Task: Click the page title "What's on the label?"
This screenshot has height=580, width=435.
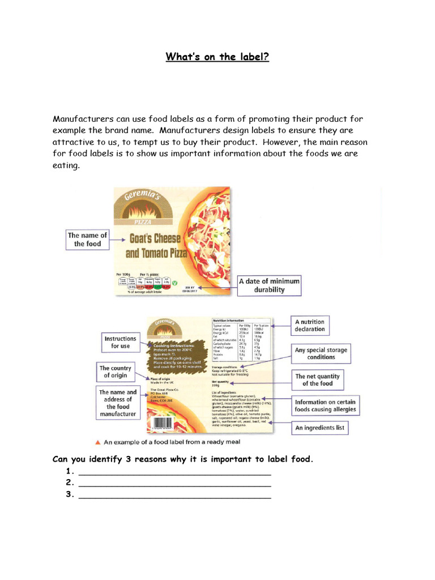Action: click(217, 57)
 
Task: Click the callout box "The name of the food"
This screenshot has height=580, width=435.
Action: click(87, 240)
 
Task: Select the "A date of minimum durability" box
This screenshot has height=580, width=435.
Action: click(270, 285)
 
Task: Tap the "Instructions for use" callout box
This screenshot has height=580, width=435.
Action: click(120, 342)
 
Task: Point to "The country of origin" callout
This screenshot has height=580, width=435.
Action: click(116, 372)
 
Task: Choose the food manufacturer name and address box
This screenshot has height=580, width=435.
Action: click(118, 403)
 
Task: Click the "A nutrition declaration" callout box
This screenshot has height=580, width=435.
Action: click(310, 325)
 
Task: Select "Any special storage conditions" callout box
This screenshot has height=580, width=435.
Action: click(321, 353)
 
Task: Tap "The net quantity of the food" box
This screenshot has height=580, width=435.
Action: click(317, 379)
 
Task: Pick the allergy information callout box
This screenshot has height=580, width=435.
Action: click(325, 406)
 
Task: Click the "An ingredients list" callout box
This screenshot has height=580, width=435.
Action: click(319, 428)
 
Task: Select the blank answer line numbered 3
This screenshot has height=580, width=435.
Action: click(174, 496)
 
